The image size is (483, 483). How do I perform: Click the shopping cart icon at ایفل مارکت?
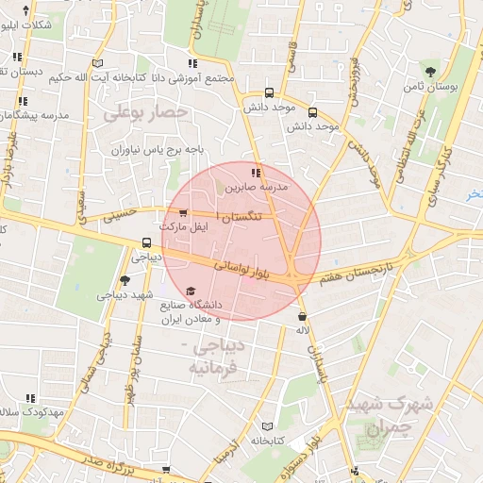[x=183, y=212]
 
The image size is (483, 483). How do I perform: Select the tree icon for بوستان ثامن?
[x=431, y=71]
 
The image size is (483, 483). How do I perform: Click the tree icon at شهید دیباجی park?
[x=125, y=280]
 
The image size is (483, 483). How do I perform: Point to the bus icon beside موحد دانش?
[x=271, y=92]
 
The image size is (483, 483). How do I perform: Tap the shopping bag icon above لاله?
[x=303, y=317]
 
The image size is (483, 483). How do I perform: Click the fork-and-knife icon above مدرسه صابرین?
[x=256, y=172]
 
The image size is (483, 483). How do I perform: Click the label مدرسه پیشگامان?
[x=38, y=114]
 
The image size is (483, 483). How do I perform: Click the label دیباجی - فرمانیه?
[x=219, y=357]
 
